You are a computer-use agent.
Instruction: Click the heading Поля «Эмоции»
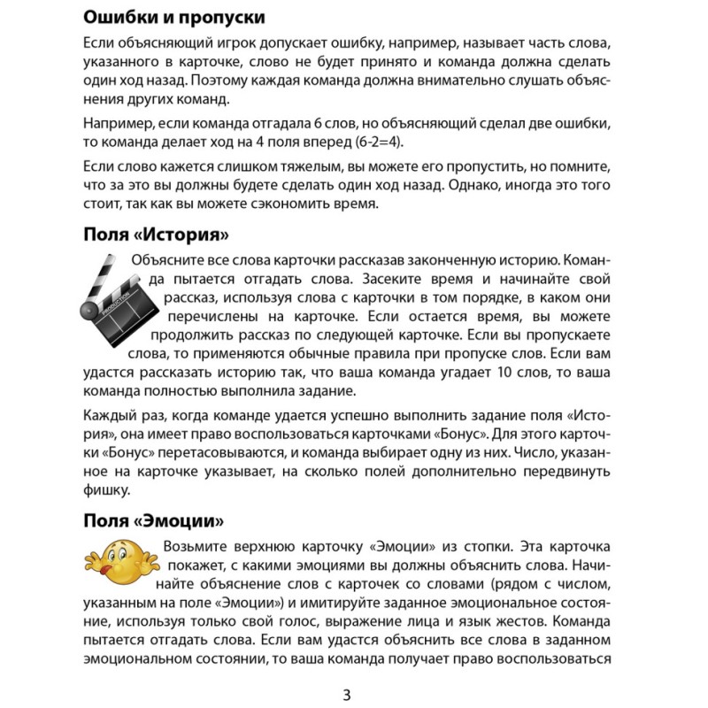152,519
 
